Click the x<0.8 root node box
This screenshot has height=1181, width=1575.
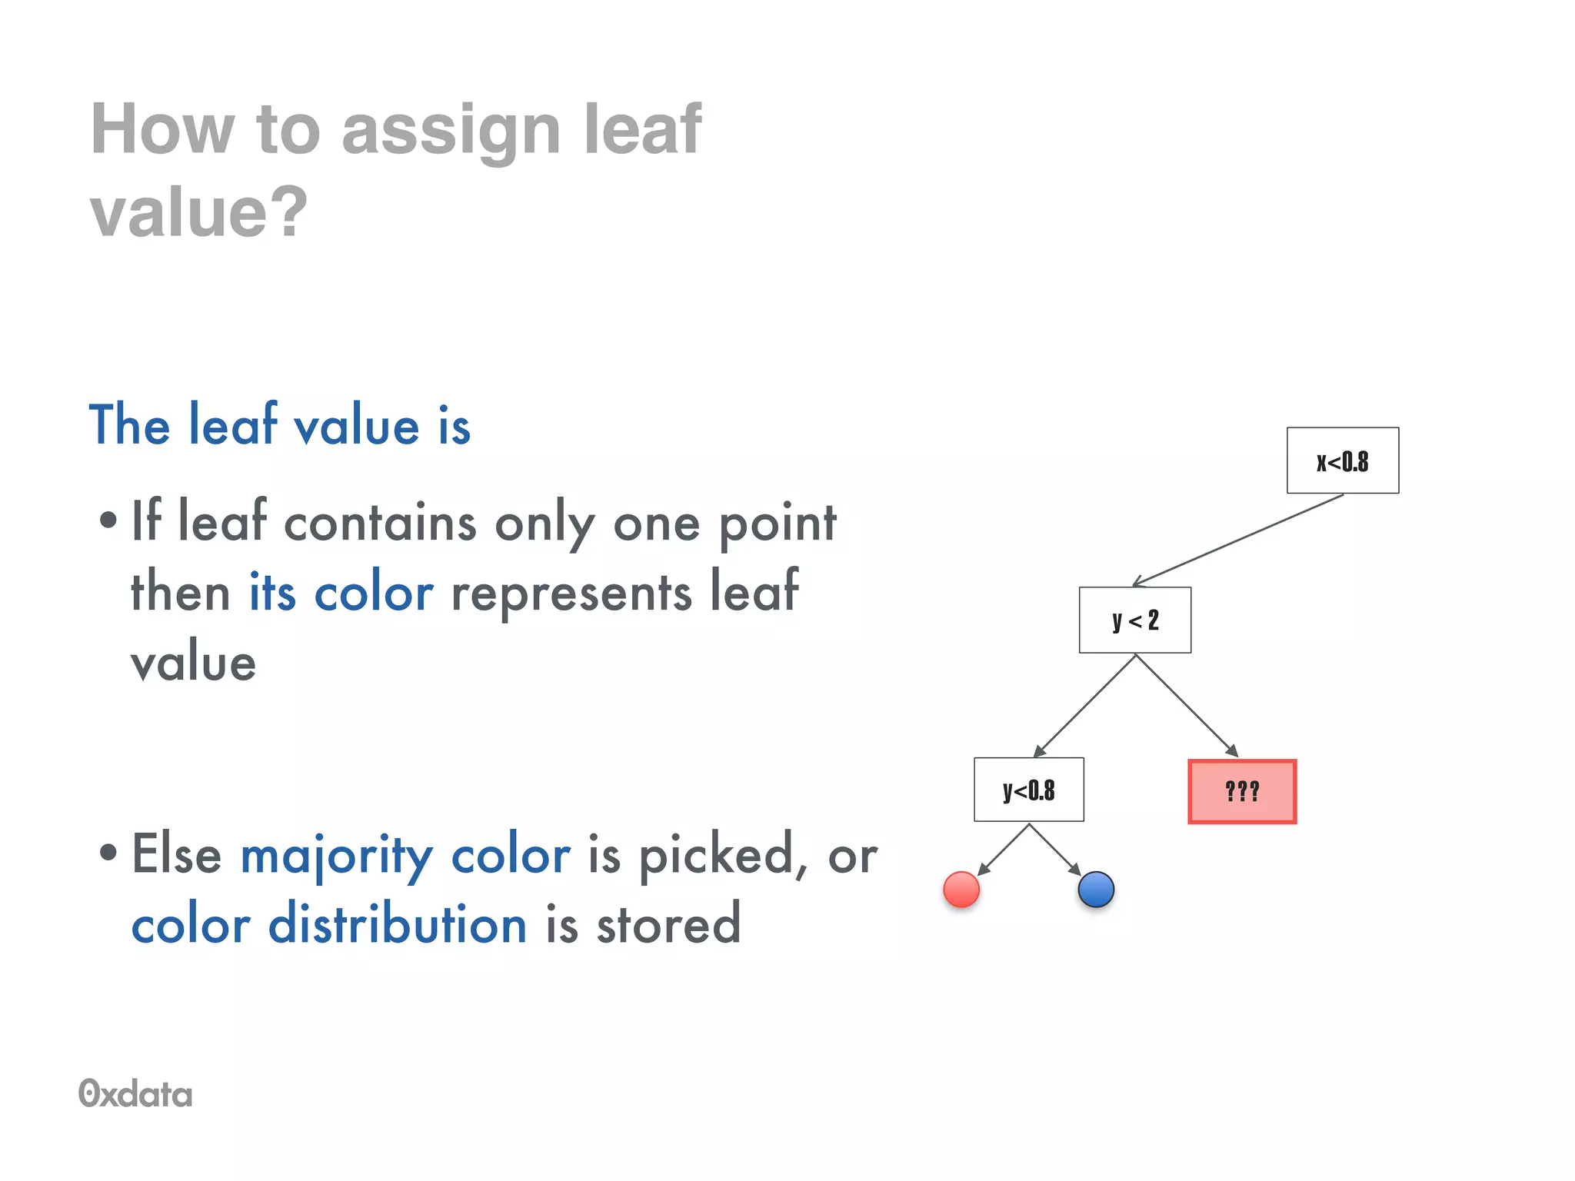[x=1342, y=461]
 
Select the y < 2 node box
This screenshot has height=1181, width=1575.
[x=1134, y=620]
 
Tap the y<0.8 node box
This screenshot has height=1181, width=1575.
[x=1028, y=790]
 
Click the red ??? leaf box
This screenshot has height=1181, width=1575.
[x=1242, y=791]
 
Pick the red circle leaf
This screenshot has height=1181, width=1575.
[x=961, y=890]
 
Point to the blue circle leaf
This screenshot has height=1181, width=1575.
[x=1096, y=890]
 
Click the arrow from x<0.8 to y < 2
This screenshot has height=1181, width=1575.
[x=1238, y=540]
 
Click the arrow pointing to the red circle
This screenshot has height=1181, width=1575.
[x=1003, y=850]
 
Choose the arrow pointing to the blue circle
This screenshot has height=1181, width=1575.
[x=1055, y=850]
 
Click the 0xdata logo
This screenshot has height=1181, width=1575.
[x=135, y=1093]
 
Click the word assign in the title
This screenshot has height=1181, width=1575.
[x=451, y=129]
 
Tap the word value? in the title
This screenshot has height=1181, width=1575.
[x=198, y=211]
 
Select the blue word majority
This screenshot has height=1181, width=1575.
[x=336, y=856]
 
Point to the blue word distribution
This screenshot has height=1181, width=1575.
[x=397, y=924]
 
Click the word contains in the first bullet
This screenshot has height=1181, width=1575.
[x=380, y=524]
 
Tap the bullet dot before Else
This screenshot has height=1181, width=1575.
[x=108, y=852]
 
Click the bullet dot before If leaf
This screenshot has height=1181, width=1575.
[x=108, y=521]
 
